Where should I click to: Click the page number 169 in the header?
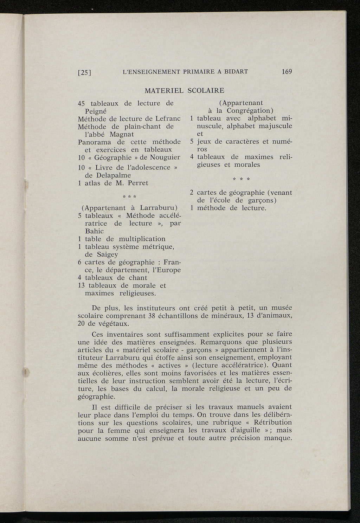pyautogui.click(x=287, y=71)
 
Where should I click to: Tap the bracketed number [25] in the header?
pyautogui.click(x=84, y=73)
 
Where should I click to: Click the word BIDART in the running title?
pyautogui.click(x=235, y=71)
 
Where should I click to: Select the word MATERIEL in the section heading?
pyautogui.click(x=164, y=90)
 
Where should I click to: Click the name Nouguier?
pyautogui.click(x=165, y=157)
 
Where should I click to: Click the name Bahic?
pyautogui.click(x=94, y=231)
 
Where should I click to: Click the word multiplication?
pyautogui.click(x=142, y=239)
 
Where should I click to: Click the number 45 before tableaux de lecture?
pyautogui.click(x=82, y=103)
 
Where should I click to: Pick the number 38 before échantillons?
pyautogui.click(x=142, y=315)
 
